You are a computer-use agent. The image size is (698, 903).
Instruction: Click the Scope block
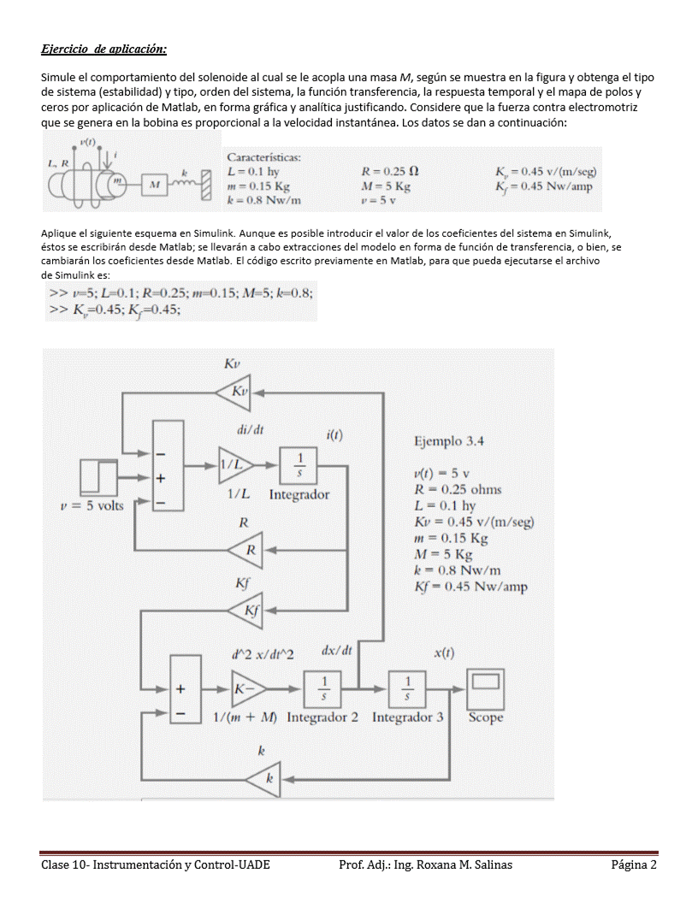coord(485,687)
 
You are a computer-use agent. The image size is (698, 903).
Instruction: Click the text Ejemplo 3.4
coord(448,441)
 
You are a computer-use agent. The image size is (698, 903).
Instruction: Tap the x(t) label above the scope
coord(444,653)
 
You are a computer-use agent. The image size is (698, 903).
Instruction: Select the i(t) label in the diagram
coord(334,435)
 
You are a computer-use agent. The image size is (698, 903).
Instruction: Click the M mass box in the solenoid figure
coord(155,183)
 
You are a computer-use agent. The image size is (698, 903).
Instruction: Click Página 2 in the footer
coord(634,865)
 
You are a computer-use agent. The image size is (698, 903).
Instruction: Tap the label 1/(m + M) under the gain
coord(244,717)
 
